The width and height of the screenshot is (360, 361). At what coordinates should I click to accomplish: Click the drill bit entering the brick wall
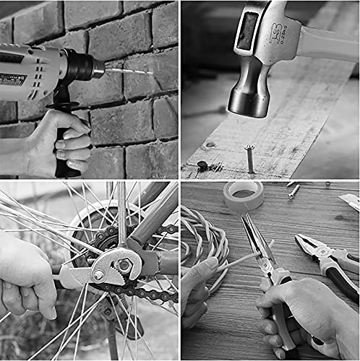(130, 71)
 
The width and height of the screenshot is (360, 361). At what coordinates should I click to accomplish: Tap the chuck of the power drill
(93, 68)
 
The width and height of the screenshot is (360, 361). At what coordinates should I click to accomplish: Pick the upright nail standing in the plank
(250, 159)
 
